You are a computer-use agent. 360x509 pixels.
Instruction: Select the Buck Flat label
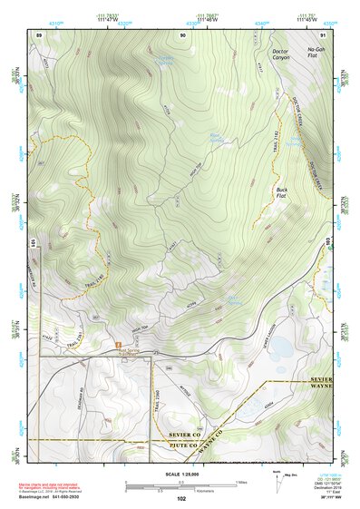(x=287, y=193)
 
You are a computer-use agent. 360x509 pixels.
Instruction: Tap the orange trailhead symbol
(x=118, y=345)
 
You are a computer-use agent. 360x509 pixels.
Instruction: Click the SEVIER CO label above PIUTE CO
(x=181, y=436)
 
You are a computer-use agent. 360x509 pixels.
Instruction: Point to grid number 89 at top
(x=39, y=34)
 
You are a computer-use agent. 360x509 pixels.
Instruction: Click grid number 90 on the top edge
(x=183, y=34)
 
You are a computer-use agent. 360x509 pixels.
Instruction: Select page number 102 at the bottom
(x=180, y=498)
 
